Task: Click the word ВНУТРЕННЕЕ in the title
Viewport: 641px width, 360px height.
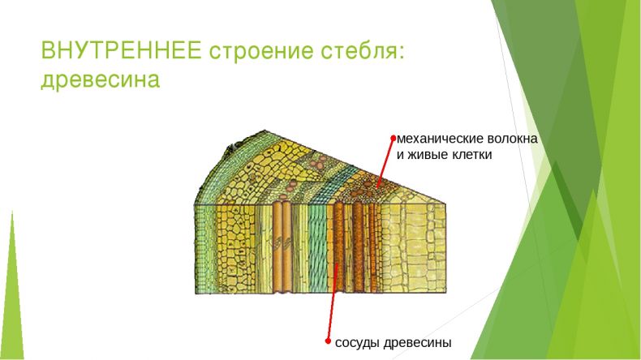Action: [121, 50]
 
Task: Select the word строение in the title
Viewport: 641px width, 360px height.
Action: [261, 52]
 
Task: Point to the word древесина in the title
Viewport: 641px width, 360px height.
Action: [100, 79]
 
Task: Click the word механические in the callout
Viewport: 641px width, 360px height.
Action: [440, 139]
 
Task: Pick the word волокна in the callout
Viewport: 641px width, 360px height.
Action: [512, 139]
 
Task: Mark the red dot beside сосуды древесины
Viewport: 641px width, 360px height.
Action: [328, 341]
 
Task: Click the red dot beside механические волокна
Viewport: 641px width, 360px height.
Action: [394, 139]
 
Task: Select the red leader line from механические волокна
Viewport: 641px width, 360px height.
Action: [385, 163]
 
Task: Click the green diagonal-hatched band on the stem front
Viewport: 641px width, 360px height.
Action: [316, 248]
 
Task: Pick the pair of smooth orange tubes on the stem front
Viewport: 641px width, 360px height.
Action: [282, 247]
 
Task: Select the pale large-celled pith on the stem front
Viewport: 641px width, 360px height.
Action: [413, 248]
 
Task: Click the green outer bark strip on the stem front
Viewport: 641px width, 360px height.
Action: [204, 248]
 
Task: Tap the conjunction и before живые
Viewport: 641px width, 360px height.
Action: [401, 156]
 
